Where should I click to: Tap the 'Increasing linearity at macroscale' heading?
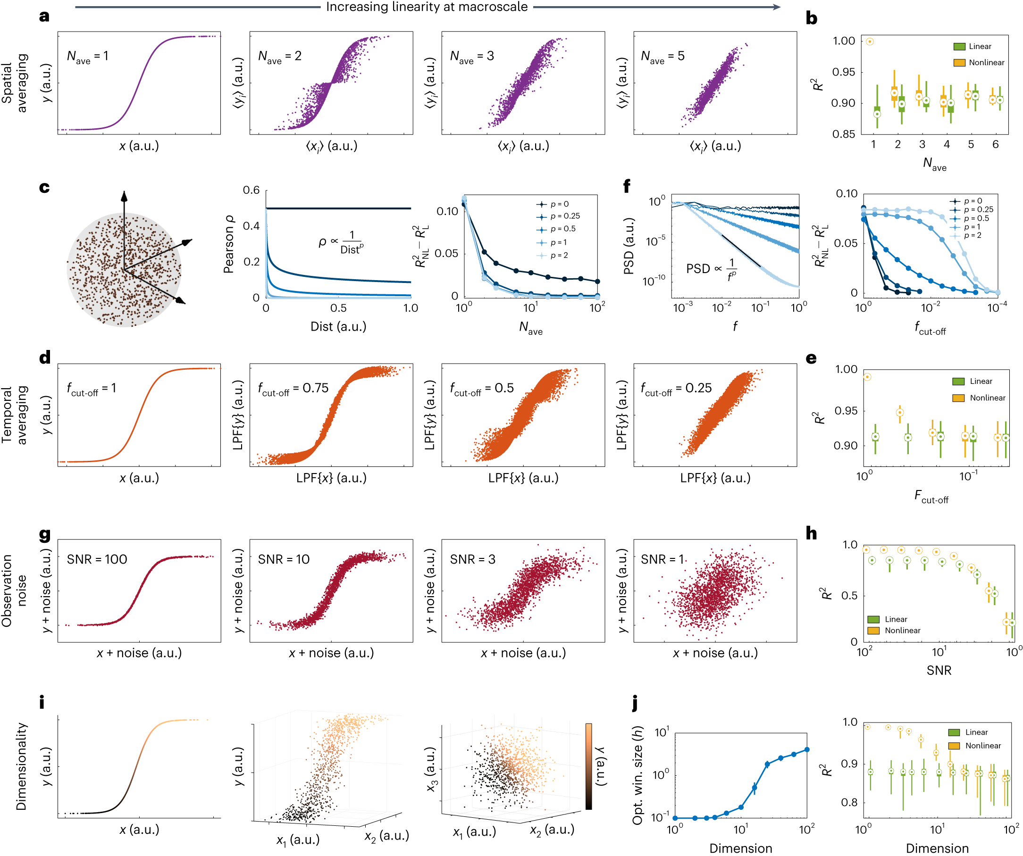[x=427, y=7]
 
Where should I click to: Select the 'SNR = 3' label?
[x=472, y=559]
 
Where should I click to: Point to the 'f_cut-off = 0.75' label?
[x=293, y=389]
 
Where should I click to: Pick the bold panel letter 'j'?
[x=635, y=703]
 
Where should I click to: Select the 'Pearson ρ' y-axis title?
[x=228, y=244]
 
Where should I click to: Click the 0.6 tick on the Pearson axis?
[x=252, y=191]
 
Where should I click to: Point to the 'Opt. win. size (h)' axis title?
[x=637, y=775]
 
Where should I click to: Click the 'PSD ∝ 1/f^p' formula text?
[x=711, y=269]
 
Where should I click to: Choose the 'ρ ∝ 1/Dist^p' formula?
[x=341, y=242]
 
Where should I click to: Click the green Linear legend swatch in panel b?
[x=959, y=47]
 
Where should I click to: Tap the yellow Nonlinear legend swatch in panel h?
[x=873, y=631]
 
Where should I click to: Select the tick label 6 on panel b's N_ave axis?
[x=995, y=145]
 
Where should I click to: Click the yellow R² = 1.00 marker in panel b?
[x=870, y=42]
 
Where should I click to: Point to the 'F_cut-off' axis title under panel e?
[x=931, y=497]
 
